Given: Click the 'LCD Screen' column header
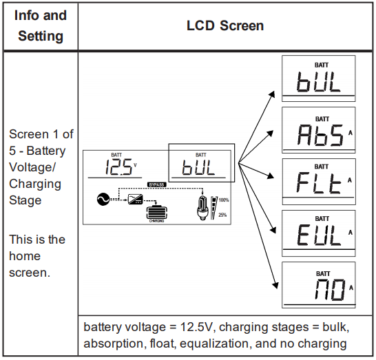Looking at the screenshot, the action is coord(225,25).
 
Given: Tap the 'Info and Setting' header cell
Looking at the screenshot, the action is coord(41,25).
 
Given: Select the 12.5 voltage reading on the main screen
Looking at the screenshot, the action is coord(118,167).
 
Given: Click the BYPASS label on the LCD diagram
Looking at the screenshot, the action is coord(156,184).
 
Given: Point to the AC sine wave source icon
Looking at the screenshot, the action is coord(103,199).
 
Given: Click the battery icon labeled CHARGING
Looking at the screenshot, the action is coord(157,213).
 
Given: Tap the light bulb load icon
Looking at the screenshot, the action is coord(202,208).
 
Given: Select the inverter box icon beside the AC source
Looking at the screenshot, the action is coord(136,199).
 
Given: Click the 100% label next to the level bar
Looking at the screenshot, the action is coord(224,200).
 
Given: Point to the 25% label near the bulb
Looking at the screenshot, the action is coord(222,215).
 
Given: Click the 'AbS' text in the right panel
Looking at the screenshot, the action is coord(320,135).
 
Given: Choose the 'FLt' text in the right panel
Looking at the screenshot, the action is coord(319,183).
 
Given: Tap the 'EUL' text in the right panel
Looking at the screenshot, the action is coord(319,235).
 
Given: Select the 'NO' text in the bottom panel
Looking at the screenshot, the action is coord(330,290).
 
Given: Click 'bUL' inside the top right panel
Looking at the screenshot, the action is coord(318,82).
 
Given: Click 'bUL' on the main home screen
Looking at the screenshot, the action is coord(198,167).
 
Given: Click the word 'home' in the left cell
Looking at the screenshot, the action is coord(25,256).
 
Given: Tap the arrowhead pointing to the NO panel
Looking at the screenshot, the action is coord(275,285).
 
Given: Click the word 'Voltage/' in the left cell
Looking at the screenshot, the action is coord(32,167).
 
